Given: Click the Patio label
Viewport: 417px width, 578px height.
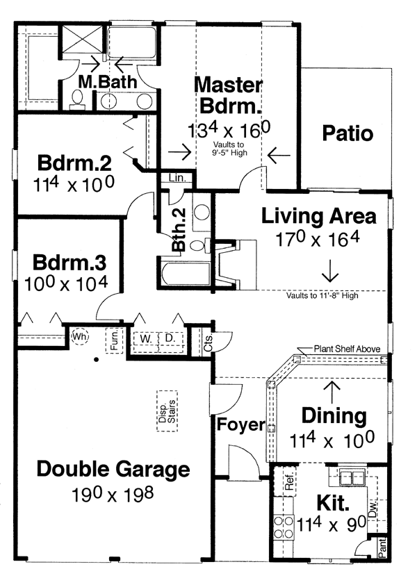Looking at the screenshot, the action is pos(347,133).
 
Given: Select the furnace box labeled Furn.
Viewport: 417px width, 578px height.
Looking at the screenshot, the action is pos(114,340).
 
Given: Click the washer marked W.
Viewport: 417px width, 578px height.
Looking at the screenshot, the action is pos(146,338).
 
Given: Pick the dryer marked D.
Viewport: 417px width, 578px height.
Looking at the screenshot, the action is pos(170,338).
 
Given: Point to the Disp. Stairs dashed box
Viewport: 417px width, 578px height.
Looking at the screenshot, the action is pos(167,411).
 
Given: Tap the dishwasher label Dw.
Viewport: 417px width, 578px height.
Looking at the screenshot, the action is pos(373,508).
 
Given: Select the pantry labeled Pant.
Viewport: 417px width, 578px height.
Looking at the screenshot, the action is pos(382,547).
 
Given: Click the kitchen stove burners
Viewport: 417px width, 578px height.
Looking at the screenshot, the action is pos(284,527).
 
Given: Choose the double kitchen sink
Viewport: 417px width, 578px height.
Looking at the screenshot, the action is pos(352,478).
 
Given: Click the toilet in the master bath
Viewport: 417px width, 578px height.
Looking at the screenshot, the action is pos(77,100).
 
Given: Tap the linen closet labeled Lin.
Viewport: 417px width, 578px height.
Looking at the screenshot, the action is pos(177,178).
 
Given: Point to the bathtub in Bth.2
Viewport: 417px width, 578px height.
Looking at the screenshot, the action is pos(185,273).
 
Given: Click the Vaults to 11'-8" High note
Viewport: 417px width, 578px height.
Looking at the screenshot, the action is pos(322,296).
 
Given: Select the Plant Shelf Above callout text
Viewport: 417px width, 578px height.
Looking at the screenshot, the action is pos(347,349).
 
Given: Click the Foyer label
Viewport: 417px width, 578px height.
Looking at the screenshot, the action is pos(240,424).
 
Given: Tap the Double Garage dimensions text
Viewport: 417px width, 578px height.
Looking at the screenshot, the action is pos(113,495).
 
